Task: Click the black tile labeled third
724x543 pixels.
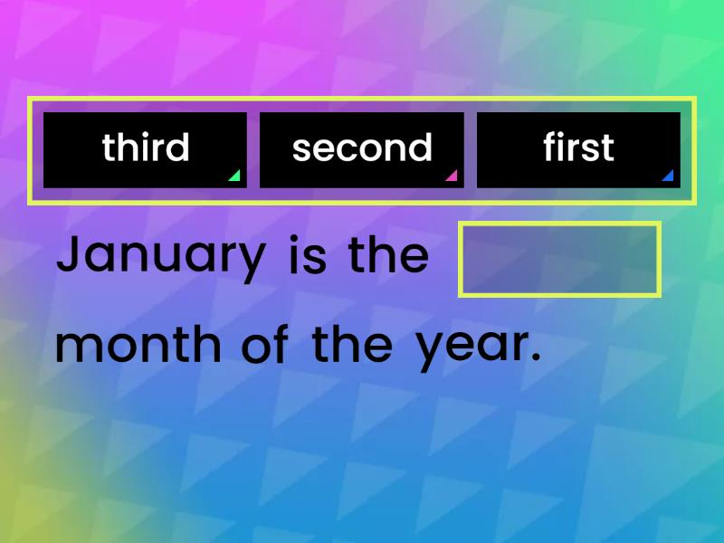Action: [x=145, y=149]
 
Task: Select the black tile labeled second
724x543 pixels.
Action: [x=362, y=149]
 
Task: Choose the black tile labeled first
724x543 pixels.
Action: [x=578, y=149]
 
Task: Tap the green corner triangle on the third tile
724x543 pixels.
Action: [x=234, y=176]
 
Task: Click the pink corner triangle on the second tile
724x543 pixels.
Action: [x=452, y=176]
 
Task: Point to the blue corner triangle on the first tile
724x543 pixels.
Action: [x=668, y=176]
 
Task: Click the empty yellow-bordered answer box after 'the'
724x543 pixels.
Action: [x=559, y=259]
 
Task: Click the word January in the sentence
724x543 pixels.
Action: [x=160, y=257]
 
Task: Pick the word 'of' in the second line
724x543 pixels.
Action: [x=265, y=345]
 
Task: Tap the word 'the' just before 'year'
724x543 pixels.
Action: [x=352, y=344]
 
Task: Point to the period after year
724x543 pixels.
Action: [x=535, y=358]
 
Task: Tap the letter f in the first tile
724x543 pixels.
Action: [x=550, y=147]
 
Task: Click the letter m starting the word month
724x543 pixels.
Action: [x=75, y=348]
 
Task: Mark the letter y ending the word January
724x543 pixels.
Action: [x=254, y=262]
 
